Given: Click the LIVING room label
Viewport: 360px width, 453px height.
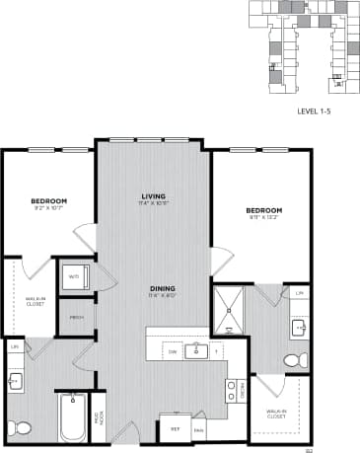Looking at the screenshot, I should click(x=152, y=196).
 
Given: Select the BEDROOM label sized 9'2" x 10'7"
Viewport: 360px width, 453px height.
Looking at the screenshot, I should click(x=47, y=201).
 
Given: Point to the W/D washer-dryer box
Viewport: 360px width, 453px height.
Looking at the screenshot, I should click(x=75, y=276).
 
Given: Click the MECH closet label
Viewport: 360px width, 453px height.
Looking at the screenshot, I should click(x=75, y=317).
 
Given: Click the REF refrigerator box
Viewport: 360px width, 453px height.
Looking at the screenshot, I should click(x=175, y=429).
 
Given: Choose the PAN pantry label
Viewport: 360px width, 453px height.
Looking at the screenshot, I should click(x=198, y=431).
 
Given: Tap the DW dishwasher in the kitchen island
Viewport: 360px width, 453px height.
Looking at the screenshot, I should click(x=173, y=350).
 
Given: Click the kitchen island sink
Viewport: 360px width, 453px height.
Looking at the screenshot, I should click(x=197, y=349).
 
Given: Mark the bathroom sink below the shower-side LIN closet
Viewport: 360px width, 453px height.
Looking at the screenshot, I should click(x=298, y=327).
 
